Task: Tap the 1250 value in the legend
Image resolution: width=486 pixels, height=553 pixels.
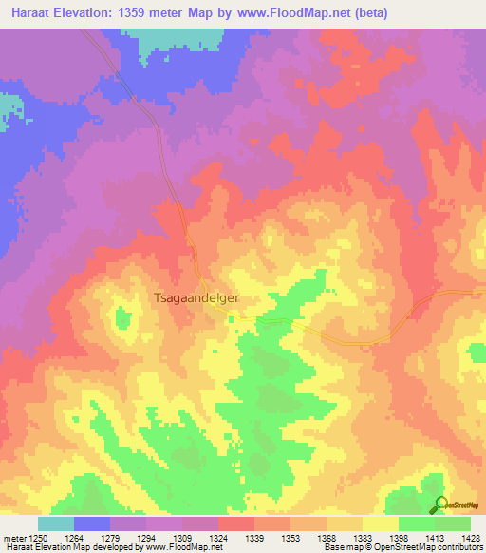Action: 38,537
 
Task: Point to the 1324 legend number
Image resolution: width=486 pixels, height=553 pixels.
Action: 218,537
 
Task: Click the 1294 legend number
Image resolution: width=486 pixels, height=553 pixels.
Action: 146,537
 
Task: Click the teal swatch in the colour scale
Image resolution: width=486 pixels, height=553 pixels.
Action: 56,524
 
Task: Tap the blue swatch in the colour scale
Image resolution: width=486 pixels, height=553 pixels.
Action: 92,524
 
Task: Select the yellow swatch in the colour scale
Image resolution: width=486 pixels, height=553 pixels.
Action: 381,524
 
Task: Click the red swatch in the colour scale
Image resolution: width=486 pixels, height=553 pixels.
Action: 236,524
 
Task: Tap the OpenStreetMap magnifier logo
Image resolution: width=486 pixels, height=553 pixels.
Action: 440,505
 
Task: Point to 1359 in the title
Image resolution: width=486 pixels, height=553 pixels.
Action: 139,11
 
